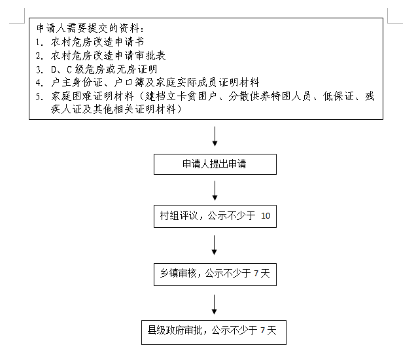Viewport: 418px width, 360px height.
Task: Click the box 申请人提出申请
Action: tap(215, 164)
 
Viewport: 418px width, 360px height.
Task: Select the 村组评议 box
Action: tap(215, 215)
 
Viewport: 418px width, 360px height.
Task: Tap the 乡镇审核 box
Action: tap(215, 273)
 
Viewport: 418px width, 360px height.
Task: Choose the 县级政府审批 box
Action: tap(215, 331)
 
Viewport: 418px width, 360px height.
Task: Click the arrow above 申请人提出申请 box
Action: tap(215, 136)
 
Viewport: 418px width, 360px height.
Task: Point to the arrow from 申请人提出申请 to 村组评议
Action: tap(215, 190)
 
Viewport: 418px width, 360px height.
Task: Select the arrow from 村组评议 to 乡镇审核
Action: tap(215, 244)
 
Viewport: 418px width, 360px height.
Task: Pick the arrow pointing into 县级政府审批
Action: tap(215, 303)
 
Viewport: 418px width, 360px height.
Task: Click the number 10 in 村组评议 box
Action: tap(265, 215)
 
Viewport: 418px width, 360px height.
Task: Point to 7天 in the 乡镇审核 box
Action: tap(262, 273)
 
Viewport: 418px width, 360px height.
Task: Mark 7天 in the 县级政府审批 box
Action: tap(269, 331)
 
